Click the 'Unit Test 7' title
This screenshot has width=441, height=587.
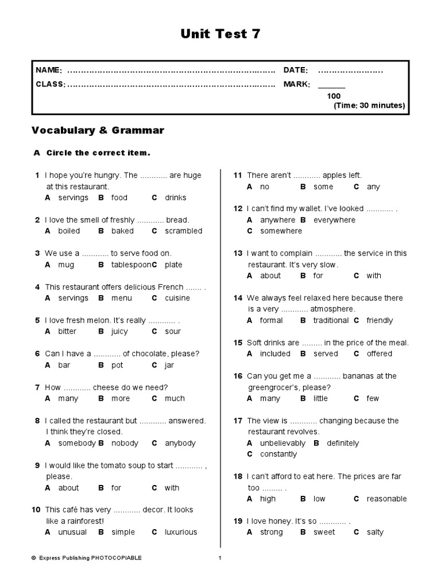click(x=220, y=34)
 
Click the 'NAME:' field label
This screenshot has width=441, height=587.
click(x=49, y=71)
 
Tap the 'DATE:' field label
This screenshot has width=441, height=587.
click(x=296, y=71)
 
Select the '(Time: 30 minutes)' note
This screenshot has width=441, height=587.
click(x=369, y=105)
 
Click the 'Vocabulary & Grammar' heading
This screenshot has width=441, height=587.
click(x=98, y=131)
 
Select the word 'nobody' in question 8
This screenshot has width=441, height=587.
click(x=125, y=443)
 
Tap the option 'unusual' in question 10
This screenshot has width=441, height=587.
click(x=72, y=532)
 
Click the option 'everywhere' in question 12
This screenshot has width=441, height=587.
click(x=334, y=220)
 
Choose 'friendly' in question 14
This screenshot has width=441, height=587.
click(x=380, y=320)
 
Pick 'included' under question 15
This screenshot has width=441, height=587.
click(x=275, y=354)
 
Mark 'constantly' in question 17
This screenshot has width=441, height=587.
click(x=278, y=454)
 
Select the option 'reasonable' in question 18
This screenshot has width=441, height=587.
click(x=386, y=499)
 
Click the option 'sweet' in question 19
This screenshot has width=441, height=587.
click(x=324, y=532)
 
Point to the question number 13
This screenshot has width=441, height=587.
click(x=238, y=253)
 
